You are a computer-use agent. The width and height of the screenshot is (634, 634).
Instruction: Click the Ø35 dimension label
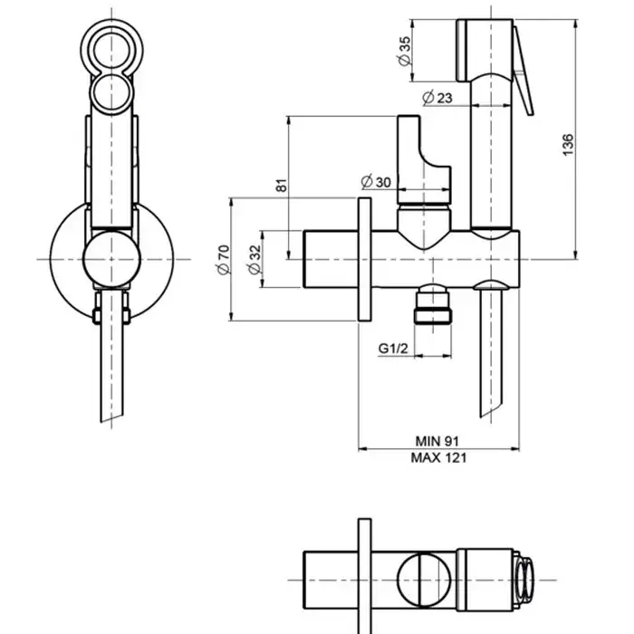405,50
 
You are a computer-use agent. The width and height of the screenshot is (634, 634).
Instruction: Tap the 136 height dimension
567,143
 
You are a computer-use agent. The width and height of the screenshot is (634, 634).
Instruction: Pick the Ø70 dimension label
223,258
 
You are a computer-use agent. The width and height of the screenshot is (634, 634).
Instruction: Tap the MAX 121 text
439,457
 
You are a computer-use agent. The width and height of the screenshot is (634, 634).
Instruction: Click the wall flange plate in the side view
365,258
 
